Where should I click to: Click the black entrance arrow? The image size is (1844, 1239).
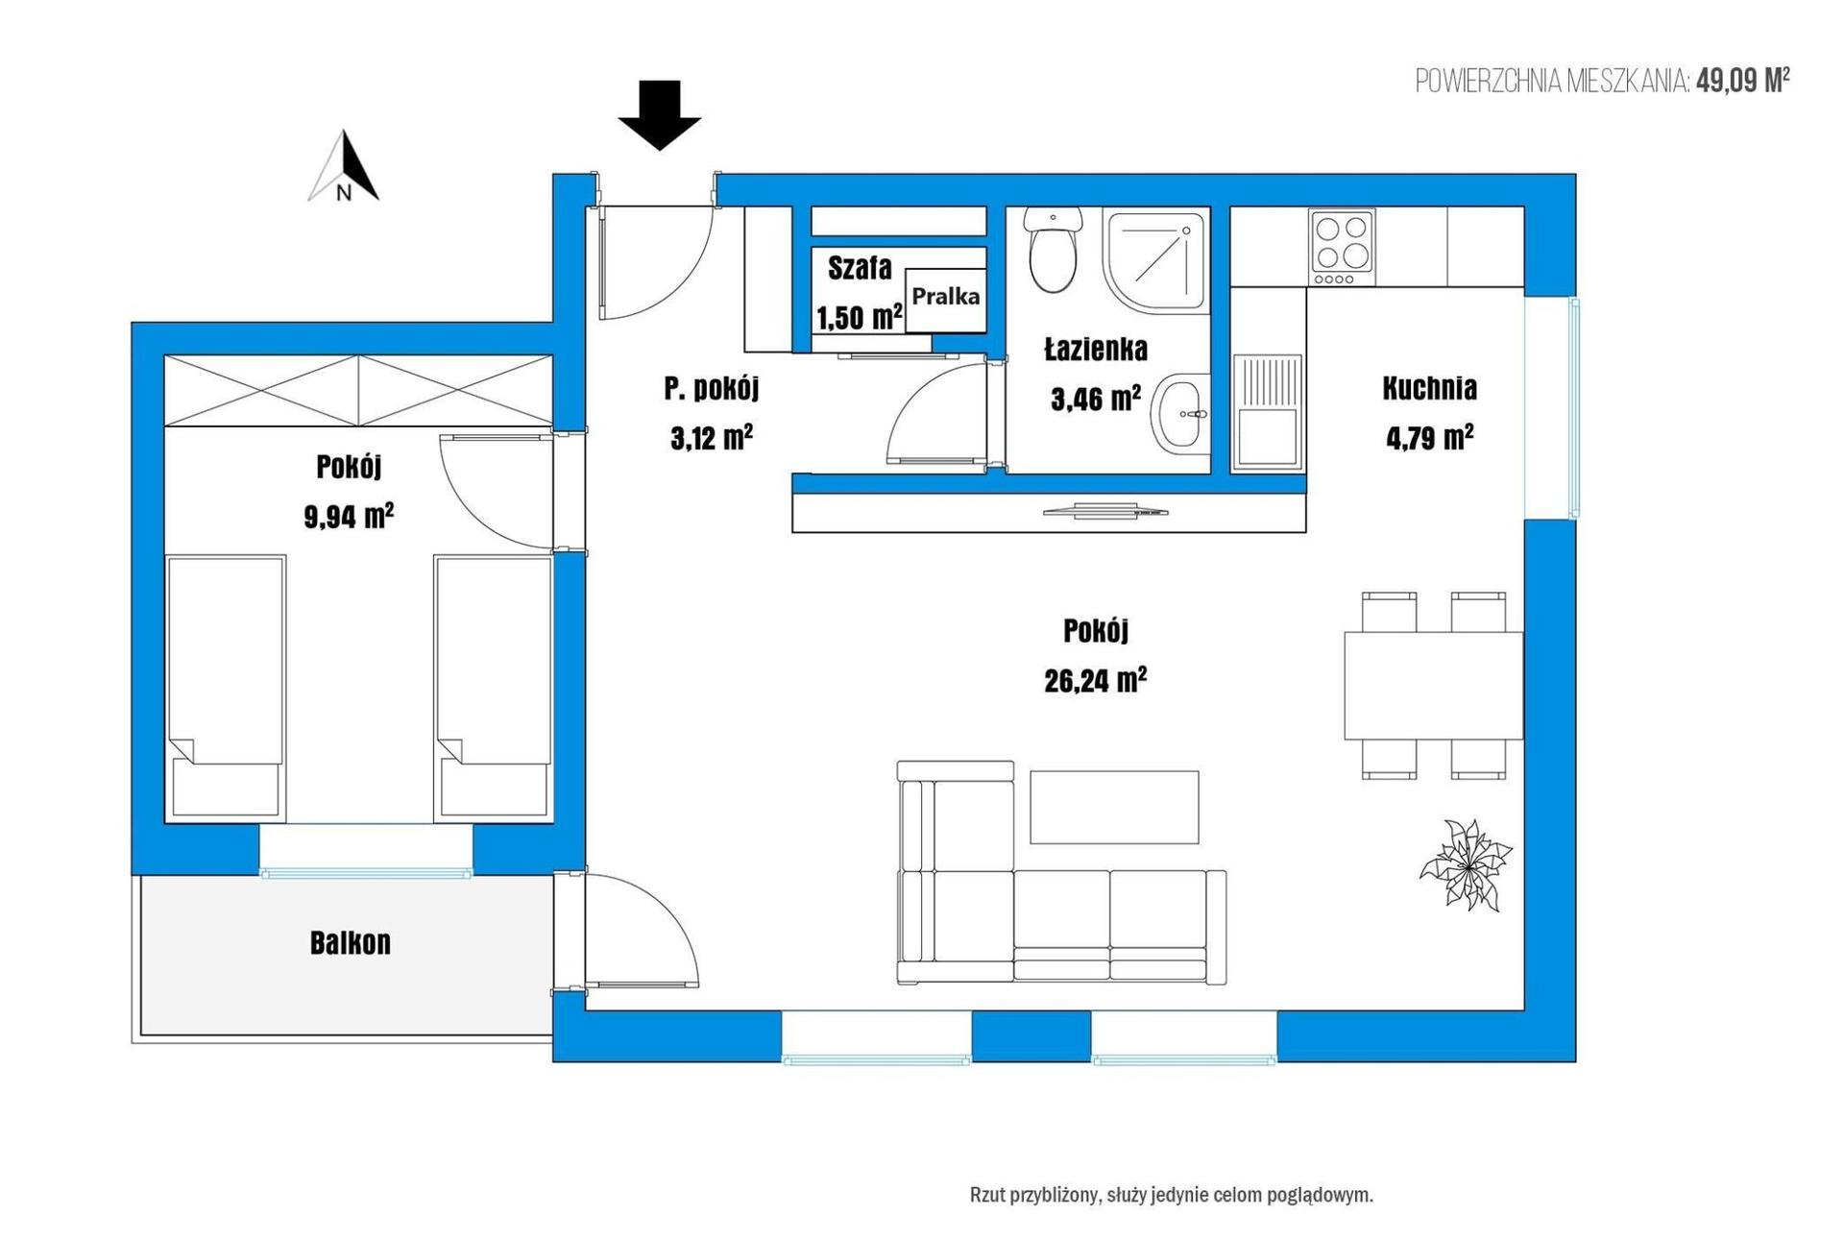tap(659, 115)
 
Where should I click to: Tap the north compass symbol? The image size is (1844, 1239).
tap(344, 166)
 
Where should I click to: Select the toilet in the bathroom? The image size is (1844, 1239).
tap(1053, 250)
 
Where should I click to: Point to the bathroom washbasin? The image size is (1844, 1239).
tap(1179, 414)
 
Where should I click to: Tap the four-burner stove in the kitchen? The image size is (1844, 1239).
tap(1342, 247)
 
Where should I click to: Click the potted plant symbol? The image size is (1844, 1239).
tap(1466, 863)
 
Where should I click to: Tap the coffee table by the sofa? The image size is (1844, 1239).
tap(1114, 807)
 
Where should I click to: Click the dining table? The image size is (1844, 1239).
tap(1433, 686)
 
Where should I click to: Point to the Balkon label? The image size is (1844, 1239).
tap(351, 943)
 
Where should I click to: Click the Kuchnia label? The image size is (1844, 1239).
tap(1430, 388)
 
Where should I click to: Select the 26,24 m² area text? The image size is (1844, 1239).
tap(1096, 681)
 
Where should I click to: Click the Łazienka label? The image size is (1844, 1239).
tap(1096, 350)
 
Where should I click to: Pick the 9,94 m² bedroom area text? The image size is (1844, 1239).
tap(350, 517)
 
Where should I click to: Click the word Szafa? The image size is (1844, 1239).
tap(860, 267)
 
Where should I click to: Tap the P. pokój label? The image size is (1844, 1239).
tap(712, 388)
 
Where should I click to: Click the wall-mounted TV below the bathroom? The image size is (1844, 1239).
tap(1105, 510)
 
